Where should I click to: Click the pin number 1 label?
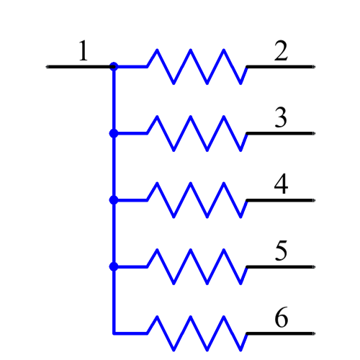coord(84,51)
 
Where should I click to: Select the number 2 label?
coord(281,51)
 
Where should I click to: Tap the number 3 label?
coord(281,117)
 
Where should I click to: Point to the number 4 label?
coord(281,184)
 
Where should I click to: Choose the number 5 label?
coord(281,251)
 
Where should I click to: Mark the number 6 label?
coord(281,318)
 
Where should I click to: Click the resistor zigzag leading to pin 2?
coord(198,67)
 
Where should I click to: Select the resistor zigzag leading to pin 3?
coord(198,133)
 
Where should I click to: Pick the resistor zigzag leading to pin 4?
coord(198,200)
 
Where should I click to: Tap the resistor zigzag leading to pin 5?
coord(198,266)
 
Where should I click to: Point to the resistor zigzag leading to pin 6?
coord(198,333)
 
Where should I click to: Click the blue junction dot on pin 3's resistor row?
coord(113,133)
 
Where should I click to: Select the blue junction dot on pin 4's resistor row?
coord(113,200)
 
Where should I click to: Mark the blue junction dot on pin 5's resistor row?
coord(113,266)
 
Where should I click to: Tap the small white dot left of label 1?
coord(47,66)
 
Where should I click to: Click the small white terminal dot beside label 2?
coord(313,66)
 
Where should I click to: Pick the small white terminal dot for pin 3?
coord(313,133)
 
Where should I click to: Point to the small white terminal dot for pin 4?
coord(313,200)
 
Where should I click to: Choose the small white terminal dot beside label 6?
coord(313,333)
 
